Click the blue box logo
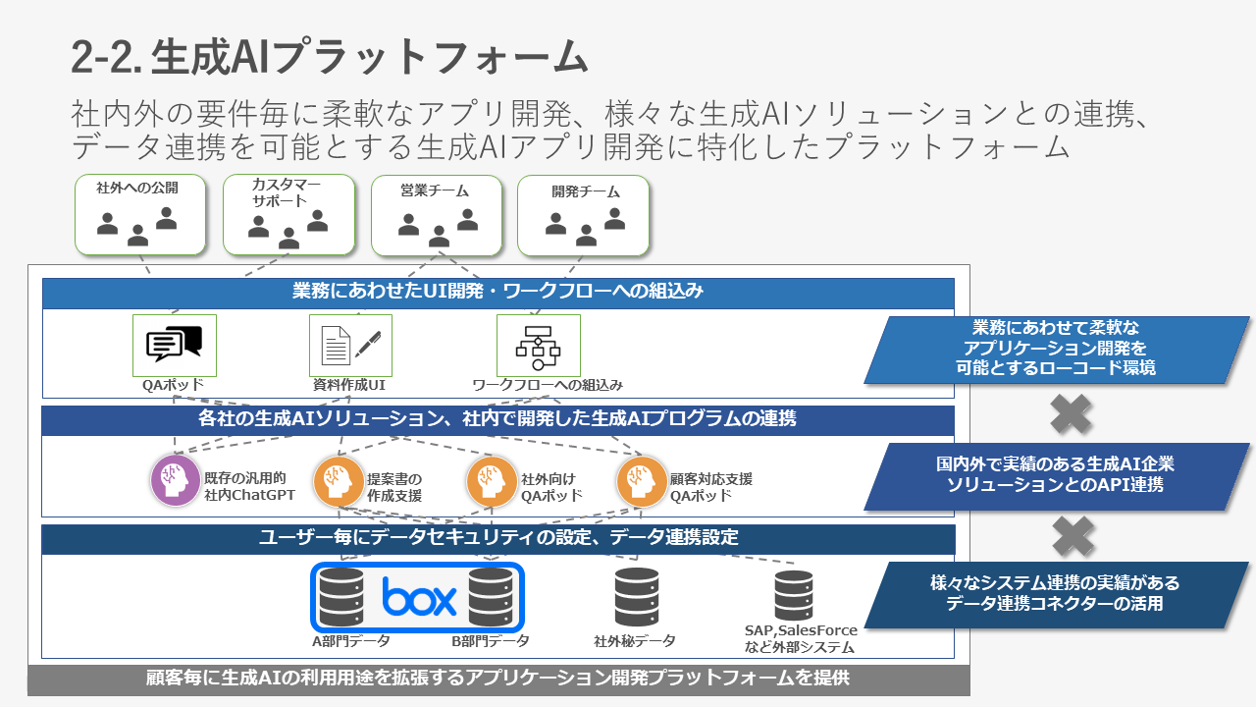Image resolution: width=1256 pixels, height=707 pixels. pos(419,596)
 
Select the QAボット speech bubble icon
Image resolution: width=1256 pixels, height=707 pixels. pos(174,344)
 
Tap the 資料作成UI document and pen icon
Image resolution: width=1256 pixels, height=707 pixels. pos(351,345)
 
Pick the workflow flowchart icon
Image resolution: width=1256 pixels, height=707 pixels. pos(539,348)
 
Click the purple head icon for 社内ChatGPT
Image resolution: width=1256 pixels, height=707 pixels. pos(176,480)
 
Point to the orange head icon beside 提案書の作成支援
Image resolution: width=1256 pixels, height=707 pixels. pos(339,481)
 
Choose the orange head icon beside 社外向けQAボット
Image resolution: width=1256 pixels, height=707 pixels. pos(492,481)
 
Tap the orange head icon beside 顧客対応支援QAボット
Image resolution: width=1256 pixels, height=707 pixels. pos(642,481)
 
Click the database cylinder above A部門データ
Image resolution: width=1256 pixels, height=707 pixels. pos(340,597)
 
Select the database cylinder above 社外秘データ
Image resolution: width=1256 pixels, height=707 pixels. pos(637,597)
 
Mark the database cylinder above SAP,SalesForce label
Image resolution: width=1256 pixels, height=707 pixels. pos(794,595)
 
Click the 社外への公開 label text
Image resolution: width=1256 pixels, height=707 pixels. pos(137,188)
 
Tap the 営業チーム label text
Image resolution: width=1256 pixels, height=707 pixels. pos(435,190)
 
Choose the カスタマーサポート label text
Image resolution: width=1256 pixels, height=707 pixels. pos(286,192)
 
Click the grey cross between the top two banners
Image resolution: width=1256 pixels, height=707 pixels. pos(1071,414)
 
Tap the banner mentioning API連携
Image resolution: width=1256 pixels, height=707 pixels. pos(1057,476)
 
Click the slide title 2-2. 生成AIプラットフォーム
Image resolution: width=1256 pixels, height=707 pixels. pos(330,57)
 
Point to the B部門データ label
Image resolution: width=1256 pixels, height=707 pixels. pos(491,641)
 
